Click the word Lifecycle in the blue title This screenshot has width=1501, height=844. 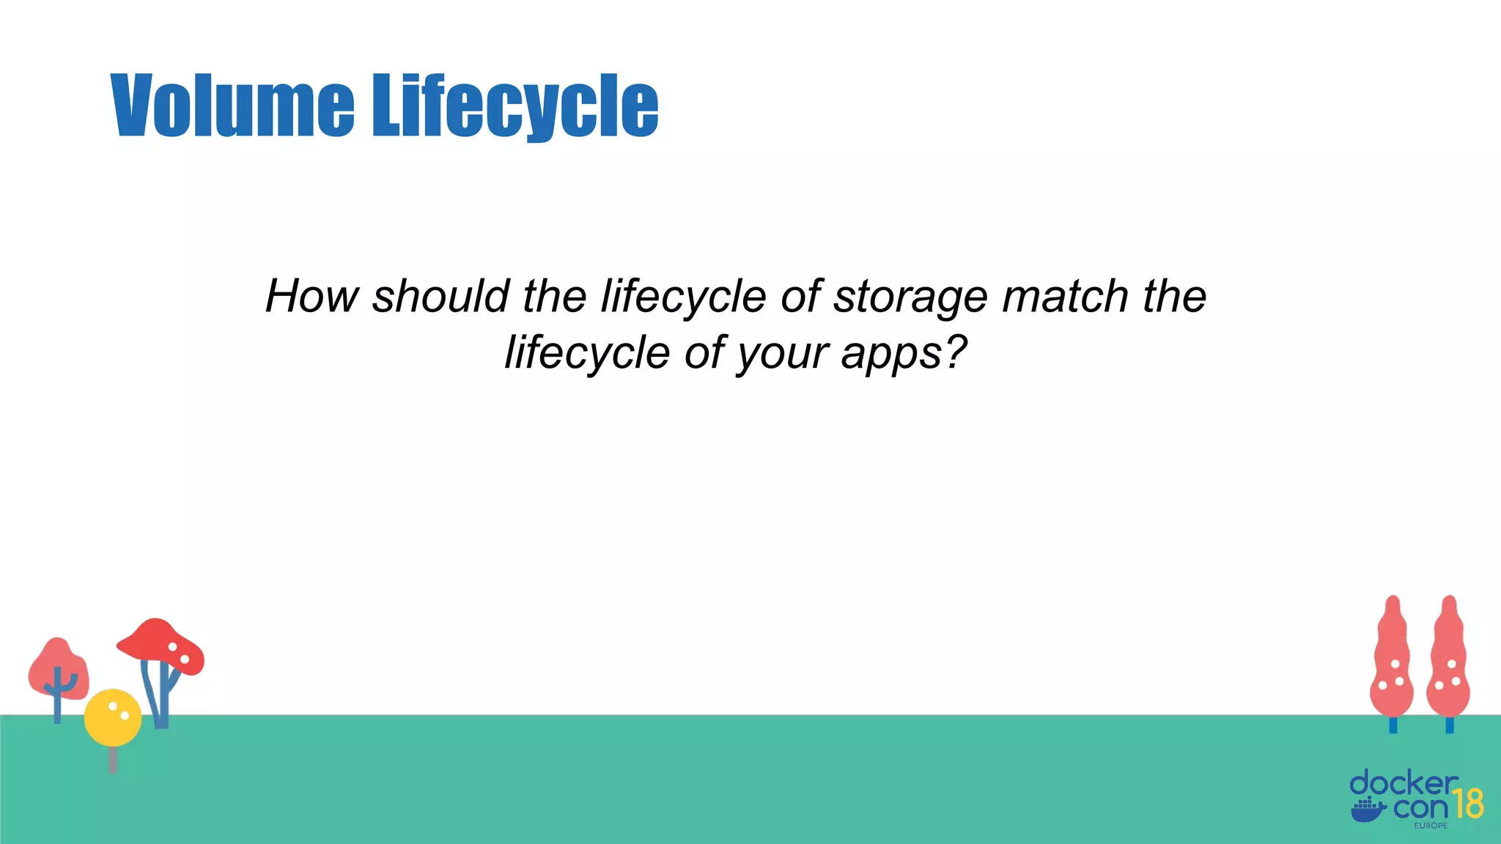click(x=515, y=106)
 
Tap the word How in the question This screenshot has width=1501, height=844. click(x=311, y=297)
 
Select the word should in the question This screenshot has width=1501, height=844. click(x=441, y=297)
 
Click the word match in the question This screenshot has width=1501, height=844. click(x=1065, y=297)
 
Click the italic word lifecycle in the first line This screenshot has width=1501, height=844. click(x=683, y=297)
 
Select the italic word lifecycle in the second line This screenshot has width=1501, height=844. click(x=587, y=353)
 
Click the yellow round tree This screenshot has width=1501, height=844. click(x=112, y=717)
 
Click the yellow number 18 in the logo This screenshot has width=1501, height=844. click(x=1468, y=804)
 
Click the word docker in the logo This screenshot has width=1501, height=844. click(x=1403, y=784)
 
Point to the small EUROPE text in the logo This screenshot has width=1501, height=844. click(x=1431, y=826)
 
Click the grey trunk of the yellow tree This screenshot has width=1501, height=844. click(x=112, y=759)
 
